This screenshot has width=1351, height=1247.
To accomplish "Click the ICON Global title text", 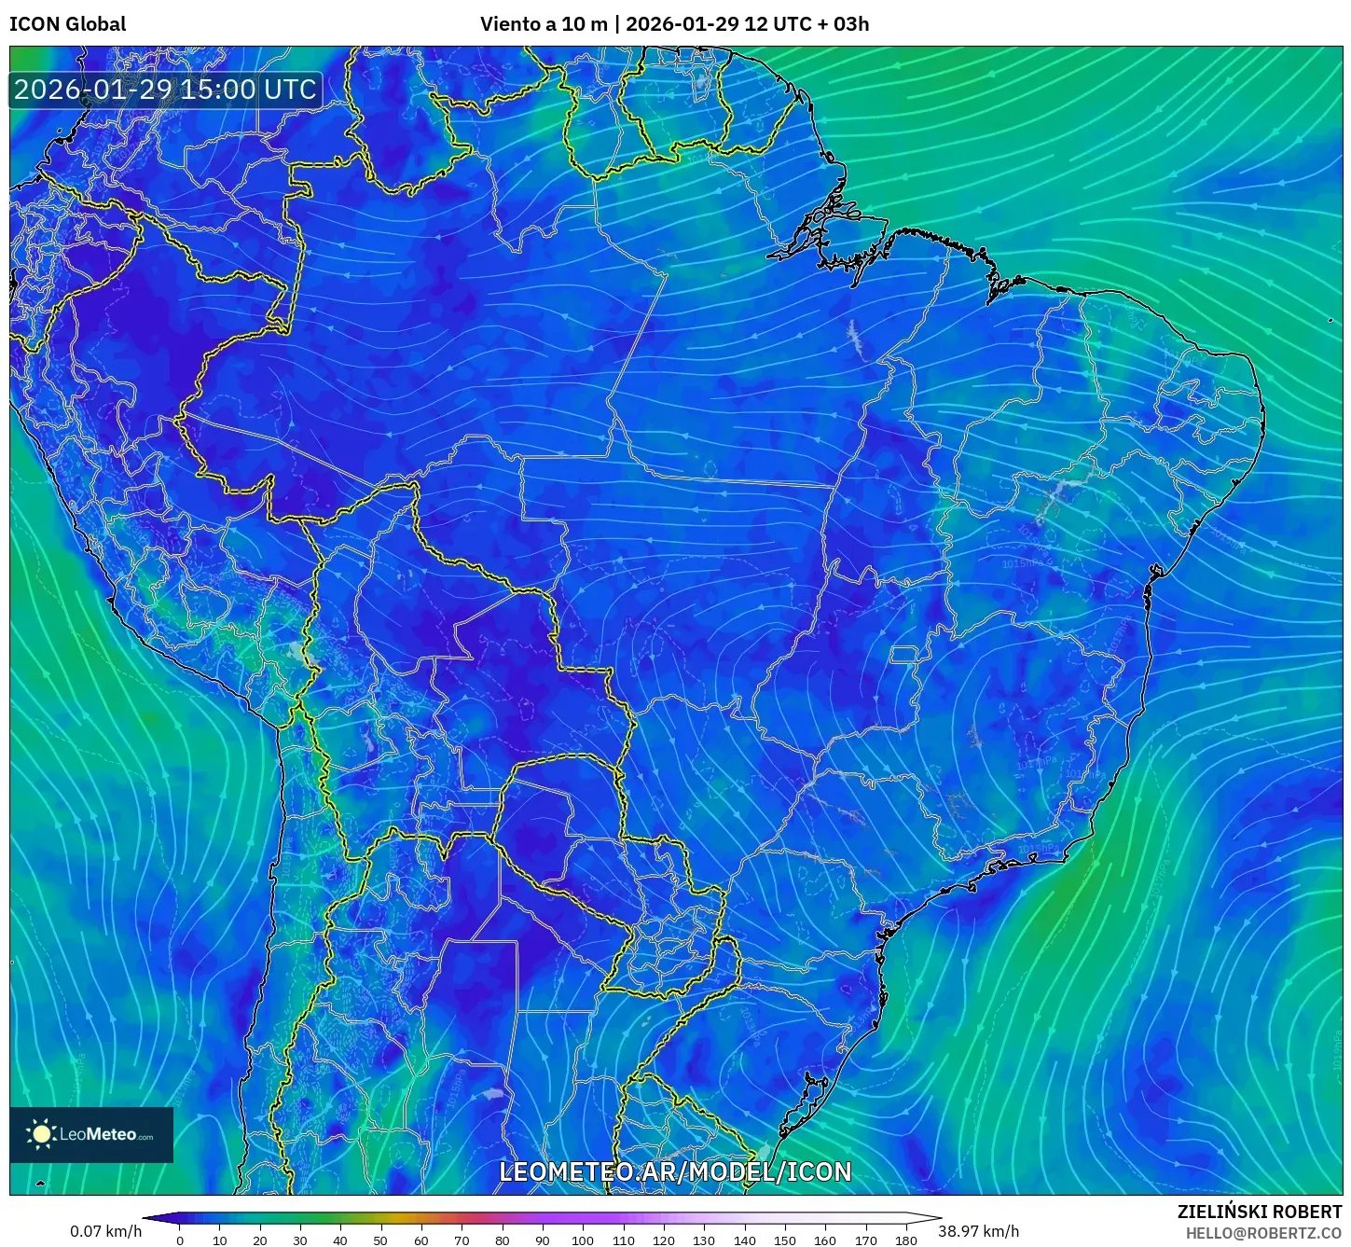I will tap(67, 24).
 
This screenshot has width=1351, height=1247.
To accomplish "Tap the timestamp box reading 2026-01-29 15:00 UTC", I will tap(165, 90).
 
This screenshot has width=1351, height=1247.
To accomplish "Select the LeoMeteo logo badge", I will tap(91, 1134).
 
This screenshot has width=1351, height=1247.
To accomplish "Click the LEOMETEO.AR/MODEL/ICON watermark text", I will tap(675, 1171).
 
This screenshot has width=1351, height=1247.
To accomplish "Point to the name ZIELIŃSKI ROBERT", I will tap(1260, 1212).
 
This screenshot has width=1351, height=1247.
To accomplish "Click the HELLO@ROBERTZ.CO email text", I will tap(1263, 1233).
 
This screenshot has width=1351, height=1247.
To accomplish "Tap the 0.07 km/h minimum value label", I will tap(106, 1231).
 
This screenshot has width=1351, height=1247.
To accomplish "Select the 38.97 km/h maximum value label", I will tap(978, 1231).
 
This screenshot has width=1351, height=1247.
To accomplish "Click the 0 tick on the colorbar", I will tap(180, 1240).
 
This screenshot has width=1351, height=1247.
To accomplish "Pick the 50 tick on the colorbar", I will tap(380, 1240).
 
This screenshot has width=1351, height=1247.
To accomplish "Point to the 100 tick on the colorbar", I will tap(583, 1240).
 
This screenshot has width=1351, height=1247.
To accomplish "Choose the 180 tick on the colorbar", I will tap(905, 1240).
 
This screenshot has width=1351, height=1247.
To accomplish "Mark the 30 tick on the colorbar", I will tap(300, 1240).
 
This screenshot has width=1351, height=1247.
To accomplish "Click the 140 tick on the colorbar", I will tap(744, 1240).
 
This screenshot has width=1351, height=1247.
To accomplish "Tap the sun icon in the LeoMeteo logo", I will tap(41, 1134).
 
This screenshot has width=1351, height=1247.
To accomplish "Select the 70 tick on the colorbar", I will tap(462, 1240).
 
